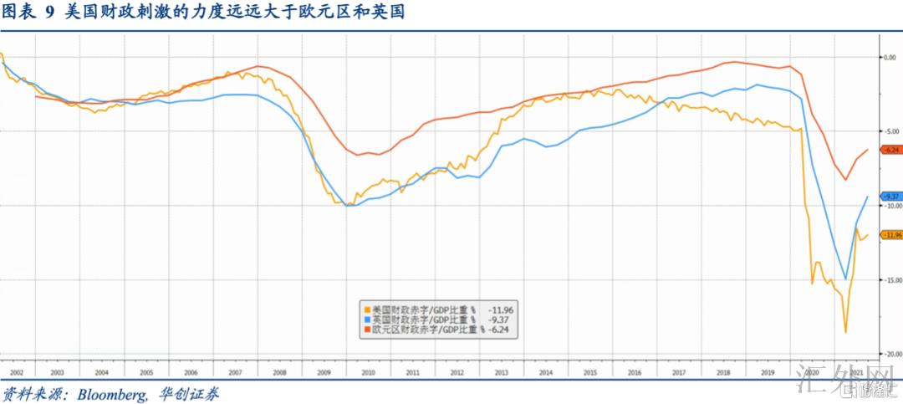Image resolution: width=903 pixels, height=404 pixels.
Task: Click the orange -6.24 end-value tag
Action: coord(890,150)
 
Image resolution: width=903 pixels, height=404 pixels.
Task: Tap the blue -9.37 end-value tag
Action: coord(890,196)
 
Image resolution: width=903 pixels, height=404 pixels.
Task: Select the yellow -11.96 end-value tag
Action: coord(890,235)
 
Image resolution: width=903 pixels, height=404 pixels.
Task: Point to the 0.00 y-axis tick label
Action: coord(890,57)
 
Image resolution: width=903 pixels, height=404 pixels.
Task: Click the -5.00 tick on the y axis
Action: coord(890,131)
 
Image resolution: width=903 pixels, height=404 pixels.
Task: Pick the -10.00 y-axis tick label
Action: coord(890,206)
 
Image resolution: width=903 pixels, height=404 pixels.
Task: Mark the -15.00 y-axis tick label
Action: coord(890,280)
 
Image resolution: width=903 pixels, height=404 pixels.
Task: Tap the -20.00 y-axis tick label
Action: coord(890,355)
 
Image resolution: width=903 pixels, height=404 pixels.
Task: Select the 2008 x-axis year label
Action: coord(279,372)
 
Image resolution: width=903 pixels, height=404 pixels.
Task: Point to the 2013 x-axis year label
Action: coord(502,372)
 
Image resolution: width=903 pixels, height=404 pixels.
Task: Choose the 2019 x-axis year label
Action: coord(768,372)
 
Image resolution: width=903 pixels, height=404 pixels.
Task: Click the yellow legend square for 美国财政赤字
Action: coord(365,310)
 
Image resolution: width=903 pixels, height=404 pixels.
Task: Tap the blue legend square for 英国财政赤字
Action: coord(365,320)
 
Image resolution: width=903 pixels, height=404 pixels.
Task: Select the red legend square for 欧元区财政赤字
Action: coord(365,330)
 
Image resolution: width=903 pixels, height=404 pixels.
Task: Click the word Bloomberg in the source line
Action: coord(116,394)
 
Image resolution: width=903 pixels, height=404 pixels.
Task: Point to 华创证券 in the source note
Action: coord(193,394)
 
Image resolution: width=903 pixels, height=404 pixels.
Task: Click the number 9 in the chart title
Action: coord(48,13)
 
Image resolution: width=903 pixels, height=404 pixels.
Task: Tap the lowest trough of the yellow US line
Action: coord(845,333)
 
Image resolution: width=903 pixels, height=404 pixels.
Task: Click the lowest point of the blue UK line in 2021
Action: coord(846,279)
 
